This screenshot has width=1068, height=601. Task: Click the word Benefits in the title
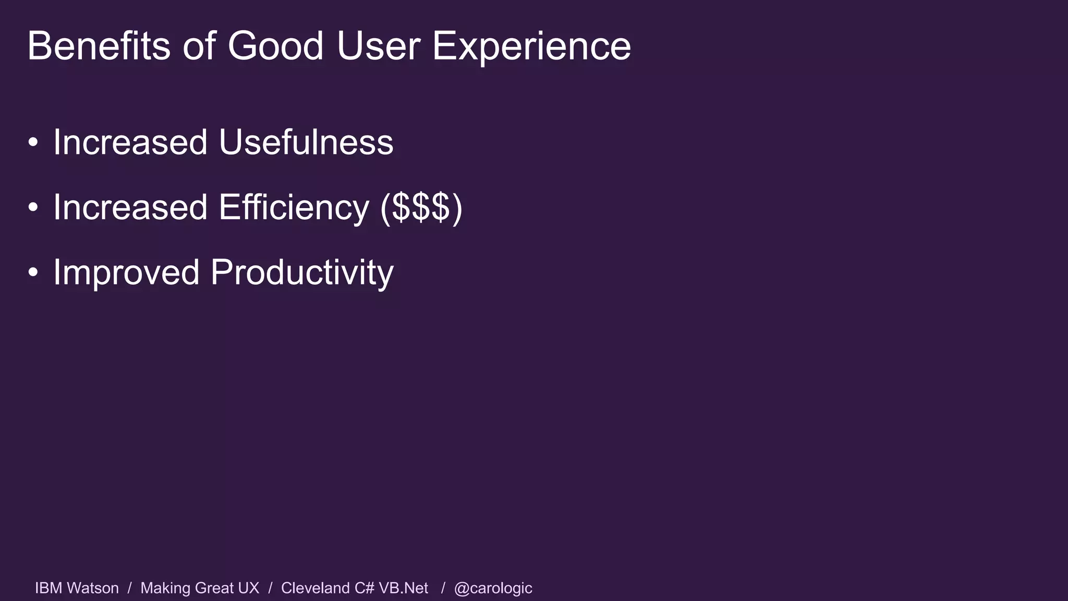pos(99,46)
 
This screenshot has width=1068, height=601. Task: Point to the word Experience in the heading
pos(531,46)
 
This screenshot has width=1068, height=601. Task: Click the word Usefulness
pos(306,142)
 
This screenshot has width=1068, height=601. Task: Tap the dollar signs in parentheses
pos(421,207)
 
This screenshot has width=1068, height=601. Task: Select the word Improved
pos(127,272)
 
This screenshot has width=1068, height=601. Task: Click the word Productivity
pos(302,272)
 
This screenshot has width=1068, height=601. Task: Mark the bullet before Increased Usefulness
pos(33,142)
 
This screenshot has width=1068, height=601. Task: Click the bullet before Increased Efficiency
pos(33,208)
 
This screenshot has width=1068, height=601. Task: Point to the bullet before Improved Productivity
pos(33,273)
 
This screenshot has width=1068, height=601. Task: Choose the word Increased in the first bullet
pos(130,142)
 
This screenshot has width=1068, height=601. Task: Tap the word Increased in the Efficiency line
pos(130,207)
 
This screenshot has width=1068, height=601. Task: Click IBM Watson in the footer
pos(77,588)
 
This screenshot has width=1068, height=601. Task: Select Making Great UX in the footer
pos(200,588)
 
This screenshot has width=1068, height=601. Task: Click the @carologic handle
pos(493,588)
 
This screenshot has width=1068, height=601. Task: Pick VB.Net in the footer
pos(403,588)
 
